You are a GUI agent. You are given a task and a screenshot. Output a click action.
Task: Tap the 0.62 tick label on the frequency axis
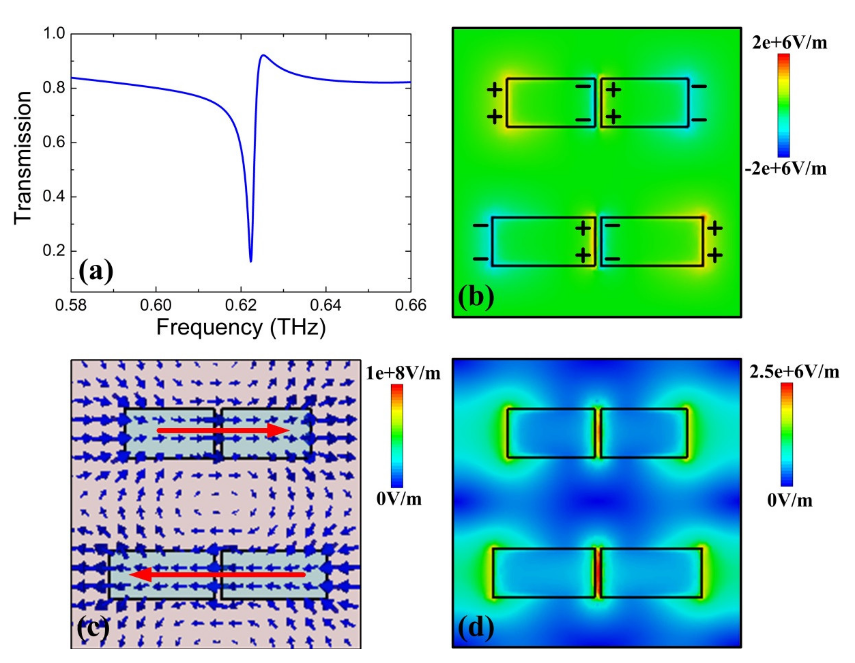click(241, 305)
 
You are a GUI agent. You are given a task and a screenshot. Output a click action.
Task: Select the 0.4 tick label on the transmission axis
click(54, 197)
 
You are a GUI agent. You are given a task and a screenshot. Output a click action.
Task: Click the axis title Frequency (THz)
click(241, 327)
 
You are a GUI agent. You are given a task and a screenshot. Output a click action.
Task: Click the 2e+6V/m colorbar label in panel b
click(789, 43)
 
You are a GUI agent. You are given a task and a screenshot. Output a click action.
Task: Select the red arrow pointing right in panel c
click(223, 430)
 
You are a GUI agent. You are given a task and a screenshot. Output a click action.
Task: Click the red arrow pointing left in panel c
click(217, 575)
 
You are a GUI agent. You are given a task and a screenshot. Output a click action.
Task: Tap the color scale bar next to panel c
click(396, 435)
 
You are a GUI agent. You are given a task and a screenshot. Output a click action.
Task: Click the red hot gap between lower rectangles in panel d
click(598, 573)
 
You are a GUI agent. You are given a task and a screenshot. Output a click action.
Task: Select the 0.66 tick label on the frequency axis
click(410, 305)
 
